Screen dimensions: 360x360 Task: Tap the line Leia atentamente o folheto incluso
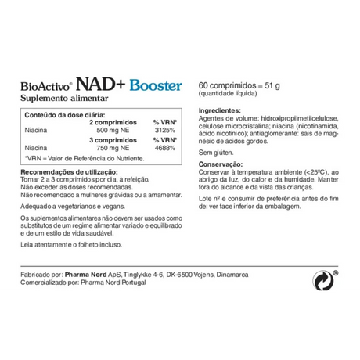pos(69,244)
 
